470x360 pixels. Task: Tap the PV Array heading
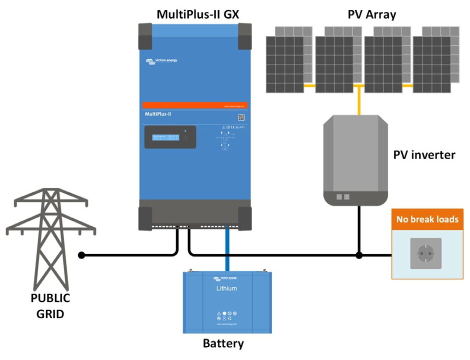point(371,14)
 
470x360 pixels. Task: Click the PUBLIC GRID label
point(50,306)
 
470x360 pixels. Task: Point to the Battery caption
point(223,343)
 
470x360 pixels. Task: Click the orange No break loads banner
point(427,219)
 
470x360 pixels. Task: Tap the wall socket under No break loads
point(426,253)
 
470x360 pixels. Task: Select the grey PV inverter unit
point(355,160)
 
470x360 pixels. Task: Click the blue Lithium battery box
point(227,302)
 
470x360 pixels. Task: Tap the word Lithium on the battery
point(227,288)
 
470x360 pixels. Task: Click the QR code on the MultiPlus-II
point(241,117)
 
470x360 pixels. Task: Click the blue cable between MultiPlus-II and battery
point(227,247)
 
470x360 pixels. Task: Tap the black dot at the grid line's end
point(82,255)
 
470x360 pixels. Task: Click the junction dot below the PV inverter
point(359,255)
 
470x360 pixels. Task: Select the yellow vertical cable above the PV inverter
point(359,101)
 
